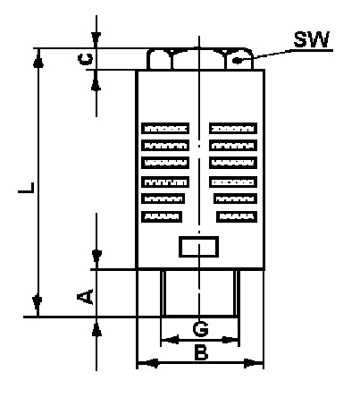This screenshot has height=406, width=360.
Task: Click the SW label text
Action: pos(312,39)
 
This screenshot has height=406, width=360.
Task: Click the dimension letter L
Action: pos(26,188)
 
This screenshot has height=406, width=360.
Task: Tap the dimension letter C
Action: pos(85,59)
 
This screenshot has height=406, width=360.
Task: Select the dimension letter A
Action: pos(85,297)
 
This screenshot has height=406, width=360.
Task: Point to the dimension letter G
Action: pos(200,329)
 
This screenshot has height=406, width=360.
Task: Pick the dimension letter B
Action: pos(201,352)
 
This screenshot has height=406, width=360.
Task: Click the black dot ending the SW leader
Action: pos(237,61)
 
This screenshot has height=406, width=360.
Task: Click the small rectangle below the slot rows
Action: pos(198,247)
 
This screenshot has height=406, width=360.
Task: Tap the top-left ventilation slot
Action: pos(165,129)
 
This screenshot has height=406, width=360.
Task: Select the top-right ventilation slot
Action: pos(233,129)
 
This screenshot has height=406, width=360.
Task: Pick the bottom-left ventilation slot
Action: pos(162,216)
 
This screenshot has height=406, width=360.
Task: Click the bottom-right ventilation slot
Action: pos(237,216)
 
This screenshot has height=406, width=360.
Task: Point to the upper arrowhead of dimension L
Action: pos(38,58)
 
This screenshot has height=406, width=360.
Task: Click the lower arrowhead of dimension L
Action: pos(37,306)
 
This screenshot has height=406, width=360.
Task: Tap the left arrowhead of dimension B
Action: pos(148,363)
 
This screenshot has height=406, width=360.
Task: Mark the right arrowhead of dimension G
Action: pos(230,340)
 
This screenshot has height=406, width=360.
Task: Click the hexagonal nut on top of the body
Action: pos(200,59)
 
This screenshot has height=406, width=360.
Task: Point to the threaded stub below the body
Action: pos(200,292)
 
